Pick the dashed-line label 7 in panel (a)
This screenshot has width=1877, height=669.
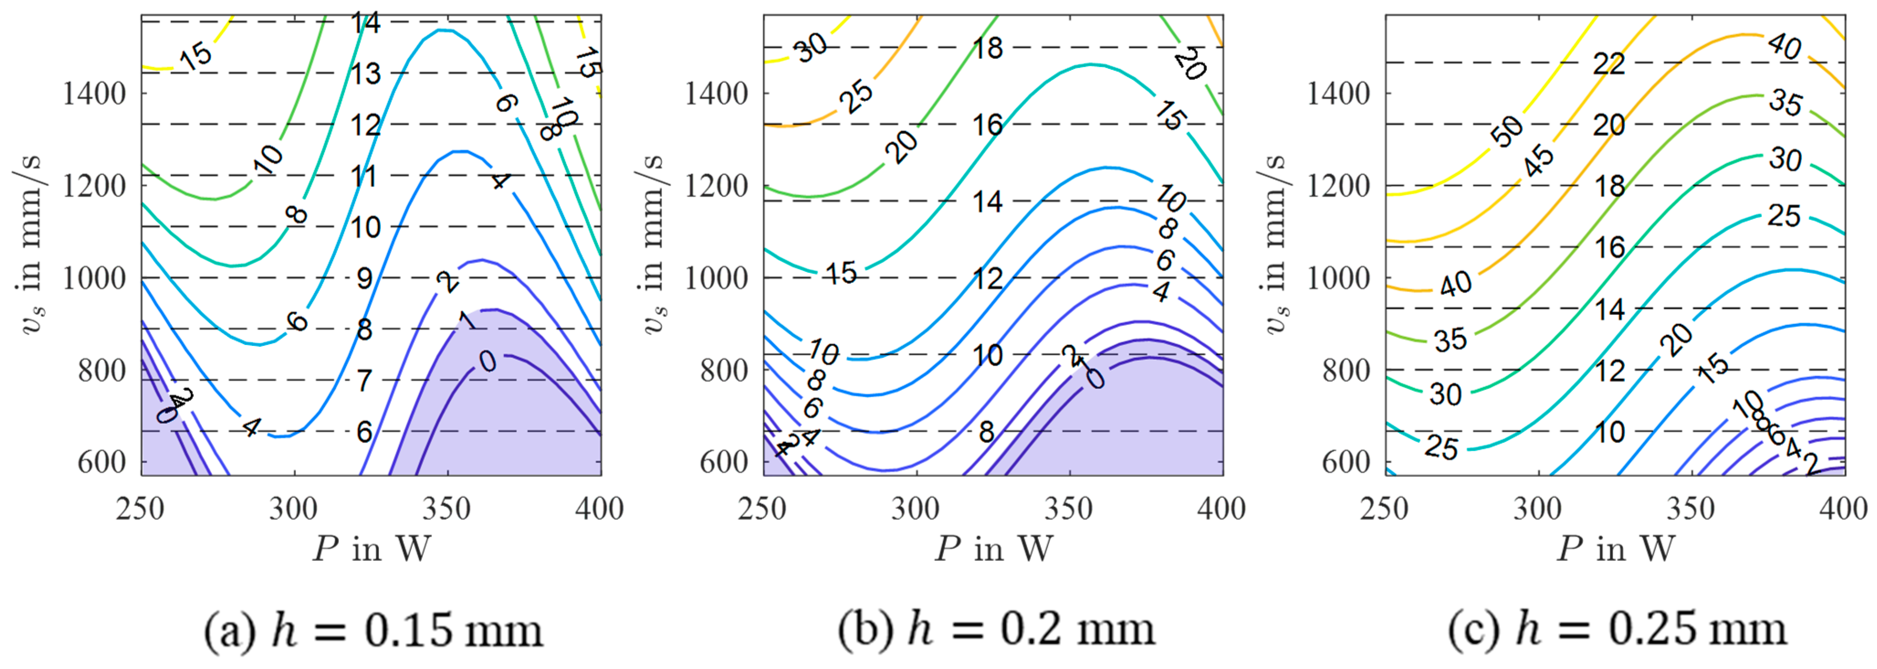[364, 381]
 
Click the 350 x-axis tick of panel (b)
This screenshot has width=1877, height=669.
[1069, 508]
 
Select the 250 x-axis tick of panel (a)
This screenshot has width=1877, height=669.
[141, 508]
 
